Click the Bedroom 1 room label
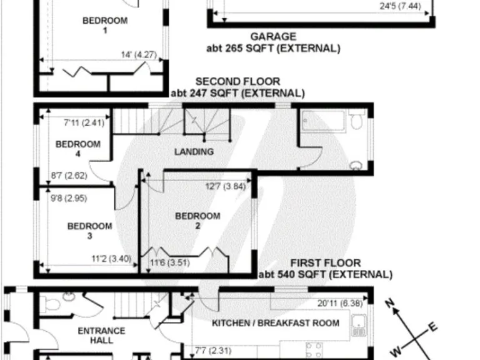pos(104,25)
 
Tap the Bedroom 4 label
pos(77,149)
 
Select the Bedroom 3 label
pos(89,231)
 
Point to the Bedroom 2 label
pos(197,221)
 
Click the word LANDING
pos(194,152)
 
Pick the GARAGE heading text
pos(273,37)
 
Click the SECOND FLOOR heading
pos(237,82)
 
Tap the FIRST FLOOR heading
pos(325,263)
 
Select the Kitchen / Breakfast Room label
pos(276,323)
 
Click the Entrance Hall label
pos(101,335)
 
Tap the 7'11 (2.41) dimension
pos(84,123)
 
